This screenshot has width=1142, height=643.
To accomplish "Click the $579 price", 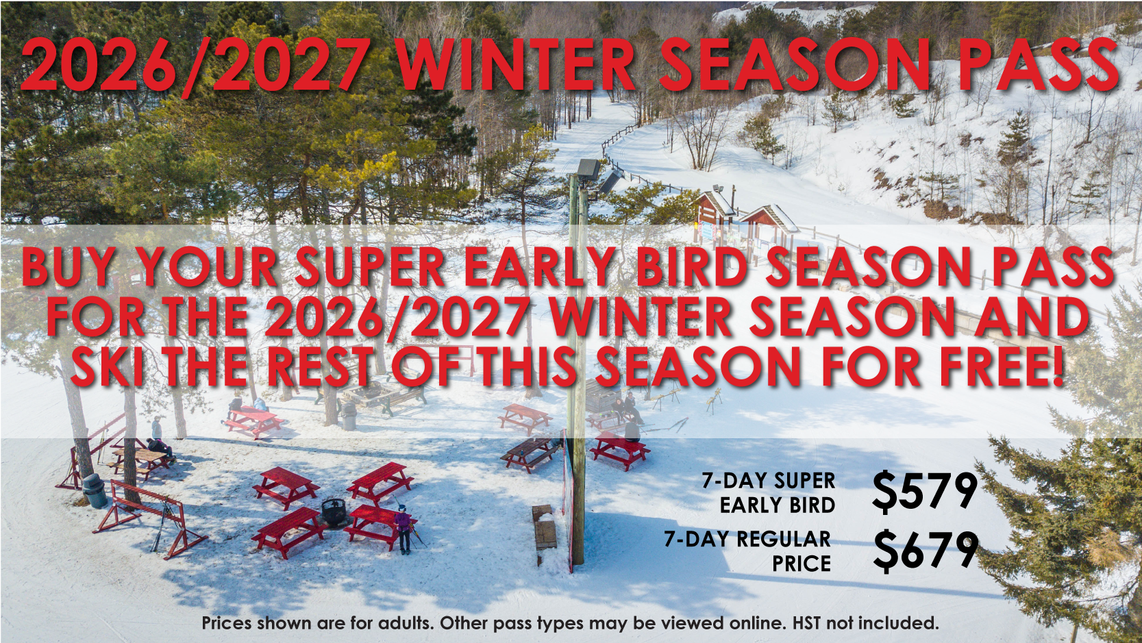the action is (x=925, y=491).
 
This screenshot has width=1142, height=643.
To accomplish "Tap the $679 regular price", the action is (x=925, y=551).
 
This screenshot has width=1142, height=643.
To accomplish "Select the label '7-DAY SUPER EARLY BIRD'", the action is (x=769, y=492).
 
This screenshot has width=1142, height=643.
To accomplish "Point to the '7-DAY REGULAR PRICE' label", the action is (x=748, y=551).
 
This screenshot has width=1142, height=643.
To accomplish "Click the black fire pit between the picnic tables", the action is (x=334, y=511).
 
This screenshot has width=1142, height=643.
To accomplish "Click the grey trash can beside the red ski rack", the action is (x=95, y=490).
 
